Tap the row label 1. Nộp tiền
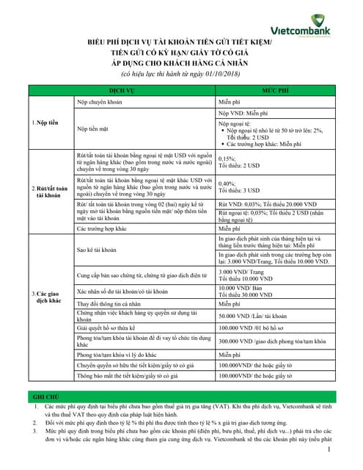45,121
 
